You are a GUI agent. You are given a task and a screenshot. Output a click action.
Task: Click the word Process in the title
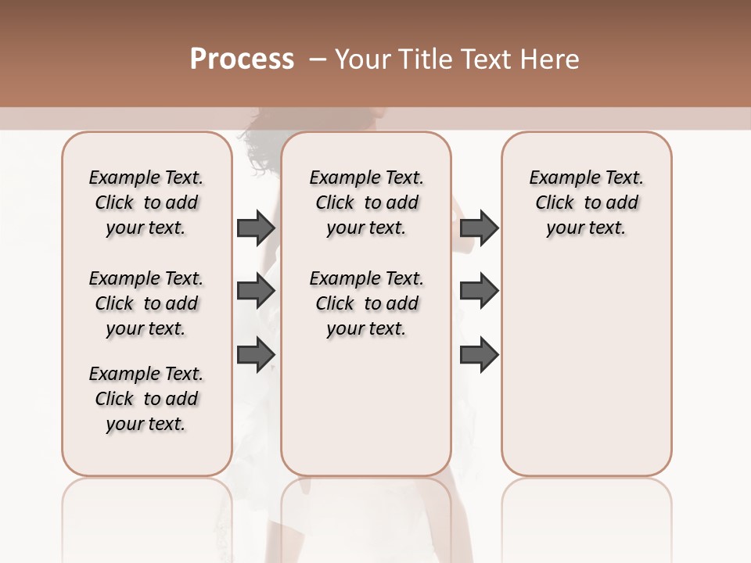[x=242, y=59]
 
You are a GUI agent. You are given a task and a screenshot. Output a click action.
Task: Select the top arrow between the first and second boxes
[x=256, y=228]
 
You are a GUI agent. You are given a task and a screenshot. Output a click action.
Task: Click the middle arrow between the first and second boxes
[x=256, y=292]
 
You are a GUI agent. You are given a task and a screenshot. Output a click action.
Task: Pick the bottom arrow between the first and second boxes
[x=256, y=354]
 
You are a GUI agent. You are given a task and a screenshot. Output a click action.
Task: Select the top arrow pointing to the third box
[x=479, y=228]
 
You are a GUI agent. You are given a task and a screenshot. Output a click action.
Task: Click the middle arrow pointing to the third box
[x=479, y=292]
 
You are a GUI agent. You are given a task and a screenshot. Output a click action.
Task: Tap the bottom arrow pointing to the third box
[x=479, y=354]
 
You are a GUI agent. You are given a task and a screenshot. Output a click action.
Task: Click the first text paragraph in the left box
[x=146, y=203]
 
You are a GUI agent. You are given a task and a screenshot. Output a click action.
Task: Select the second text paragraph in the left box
[x=146, y=303]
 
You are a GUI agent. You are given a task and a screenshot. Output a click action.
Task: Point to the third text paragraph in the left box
[x=146, y=399]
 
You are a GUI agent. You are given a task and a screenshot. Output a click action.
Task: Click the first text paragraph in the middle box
[x=366, y=203]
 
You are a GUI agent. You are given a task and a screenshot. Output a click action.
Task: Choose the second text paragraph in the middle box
[x=366, y=303]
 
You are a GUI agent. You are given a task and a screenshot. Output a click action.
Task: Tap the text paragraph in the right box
[x=586, y=203]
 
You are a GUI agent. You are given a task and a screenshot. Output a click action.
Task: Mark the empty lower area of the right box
[x=586, y=368]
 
